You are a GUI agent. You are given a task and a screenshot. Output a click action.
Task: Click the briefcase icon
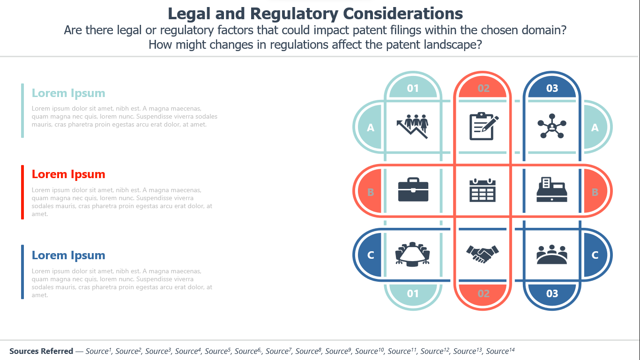(413, 189)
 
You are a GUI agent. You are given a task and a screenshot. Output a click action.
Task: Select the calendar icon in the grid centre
(483, 190)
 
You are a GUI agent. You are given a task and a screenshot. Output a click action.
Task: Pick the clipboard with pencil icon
(484, 126)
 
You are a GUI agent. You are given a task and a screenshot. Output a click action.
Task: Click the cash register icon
(552, 189)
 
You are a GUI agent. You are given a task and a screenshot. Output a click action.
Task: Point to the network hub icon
(552, 126)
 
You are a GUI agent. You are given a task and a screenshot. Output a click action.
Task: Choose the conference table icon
(413, 254)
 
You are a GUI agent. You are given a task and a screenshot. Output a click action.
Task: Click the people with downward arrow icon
(413, 127)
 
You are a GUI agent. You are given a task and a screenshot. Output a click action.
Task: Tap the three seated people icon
(552, 255)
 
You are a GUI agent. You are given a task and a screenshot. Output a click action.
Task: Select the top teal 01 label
(413, 88)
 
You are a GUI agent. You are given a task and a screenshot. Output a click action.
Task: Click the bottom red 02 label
(484, 293)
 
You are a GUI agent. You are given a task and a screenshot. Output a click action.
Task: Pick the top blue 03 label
(552, 88)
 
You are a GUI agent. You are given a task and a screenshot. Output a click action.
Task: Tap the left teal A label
(371, 127)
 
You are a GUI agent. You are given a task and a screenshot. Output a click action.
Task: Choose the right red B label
(595, 192)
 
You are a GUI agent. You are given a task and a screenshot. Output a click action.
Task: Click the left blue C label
(371, 255)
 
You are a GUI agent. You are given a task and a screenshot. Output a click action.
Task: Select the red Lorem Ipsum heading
(68, 174)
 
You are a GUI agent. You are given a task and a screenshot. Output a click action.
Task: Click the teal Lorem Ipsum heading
(68, 93)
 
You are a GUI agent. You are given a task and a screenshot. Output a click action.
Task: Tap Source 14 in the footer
(500, 351)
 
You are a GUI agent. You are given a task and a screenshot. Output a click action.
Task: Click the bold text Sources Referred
(41, 351)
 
